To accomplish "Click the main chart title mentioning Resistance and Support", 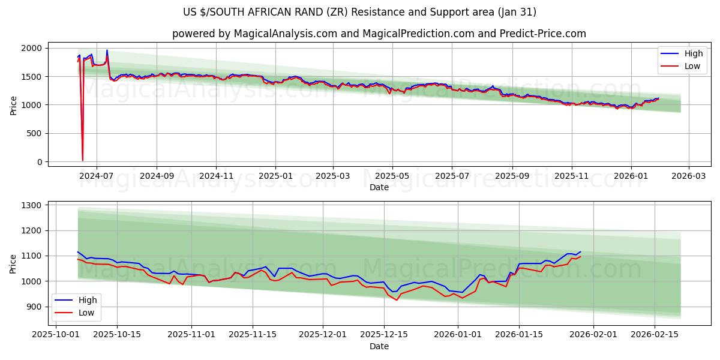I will [x=360, y=12].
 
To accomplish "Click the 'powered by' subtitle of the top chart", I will [x=379, y=34].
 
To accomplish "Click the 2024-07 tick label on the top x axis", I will [x=97, y=176].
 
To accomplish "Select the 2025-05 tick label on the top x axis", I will [x=392, y=176].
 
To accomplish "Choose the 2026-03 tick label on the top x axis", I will [x=688, y=176].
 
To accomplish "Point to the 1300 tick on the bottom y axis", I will [x=31, y=205].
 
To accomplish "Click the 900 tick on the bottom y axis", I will [x=34, y=307].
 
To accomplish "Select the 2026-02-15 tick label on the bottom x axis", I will [x=654, y=335].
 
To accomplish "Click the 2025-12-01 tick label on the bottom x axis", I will [x=323, y=335].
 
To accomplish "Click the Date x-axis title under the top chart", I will [x=379, y=187].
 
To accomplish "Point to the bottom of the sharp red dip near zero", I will [x=82, y=160].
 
